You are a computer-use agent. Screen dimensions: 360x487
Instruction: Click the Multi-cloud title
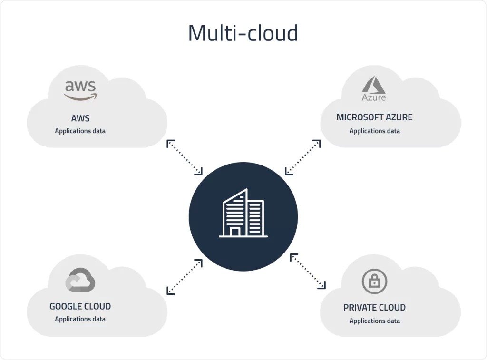click(x=243, y=33)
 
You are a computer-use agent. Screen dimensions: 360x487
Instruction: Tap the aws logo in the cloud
click(x=80, y=89)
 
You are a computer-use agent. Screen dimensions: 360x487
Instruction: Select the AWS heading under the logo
click(x=80, y=118)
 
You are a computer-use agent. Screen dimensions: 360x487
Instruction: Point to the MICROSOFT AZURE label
click(x=374, y=117)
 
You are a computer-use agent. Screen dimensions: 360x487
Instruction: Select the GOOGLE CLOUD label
click(x=80, y=306)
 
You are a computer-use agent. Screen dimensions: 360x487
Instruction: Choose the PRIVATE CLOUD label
click(x=374, y=307)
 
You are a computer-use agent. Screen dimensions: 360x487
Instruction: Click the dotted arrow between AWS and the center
click(x=185, y=157)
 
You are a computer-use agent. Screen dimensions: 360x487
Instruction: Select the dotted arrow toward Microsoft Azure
click(x=302, y=157)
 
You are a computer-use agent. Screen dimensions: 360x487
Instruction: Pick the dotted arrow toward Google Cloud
click(x=185, y=276)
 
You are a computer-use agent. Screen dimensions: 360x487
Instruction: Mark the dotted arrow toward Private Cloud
click(x=308, y=271)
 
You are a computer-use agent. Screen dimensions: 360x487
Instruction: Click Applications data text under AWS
click(x=80, y=131)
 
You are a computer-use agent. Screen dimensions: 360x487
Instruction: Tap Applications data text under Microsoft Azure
click(x=374, y=131)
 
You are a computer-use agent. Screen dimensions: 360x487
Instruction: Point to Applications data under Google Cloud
click(x=80, y=319)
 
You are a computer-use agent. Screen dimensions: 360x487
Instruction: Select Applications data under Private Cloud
click(x=374, y=321)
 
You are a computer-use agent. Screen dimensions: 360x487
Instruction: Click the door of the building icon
click(x=234, y=232)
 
